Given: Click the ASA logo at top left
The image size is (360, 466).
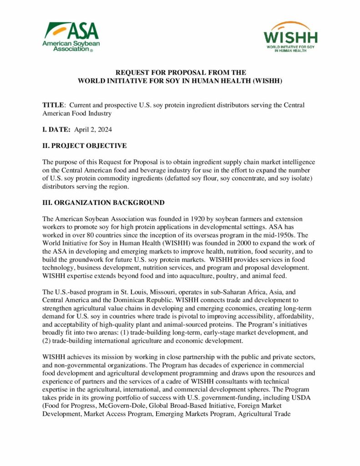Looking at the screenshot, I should (71, 37).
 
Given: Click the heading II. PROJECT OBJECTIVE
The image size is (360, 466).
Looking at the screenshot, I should (85, 146).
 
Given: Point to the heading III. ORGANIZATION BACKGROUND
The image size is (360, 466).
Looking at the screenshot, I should (103, 202).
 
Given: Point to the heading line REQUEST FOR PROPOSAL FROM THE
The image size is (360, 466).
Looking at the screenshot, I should (180, 72).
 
